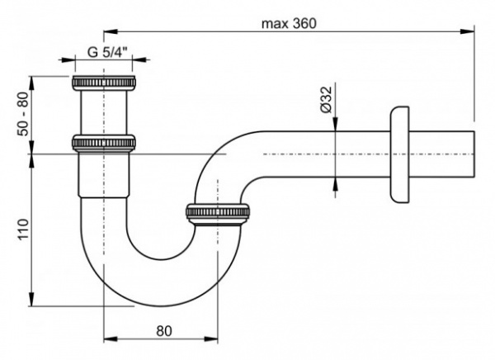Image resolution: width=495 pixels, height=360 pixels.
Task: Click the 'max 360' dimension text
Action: tap(289, 23)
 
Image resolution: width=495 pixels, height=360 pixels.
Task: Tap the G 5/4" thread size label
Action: tap(104, 51)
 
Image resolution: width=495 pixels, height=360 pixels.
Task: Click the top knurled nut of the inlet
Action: tap(104, 83)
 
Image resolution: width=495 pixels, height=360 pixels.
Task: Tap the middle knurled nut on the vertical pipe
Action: tap(104, 143)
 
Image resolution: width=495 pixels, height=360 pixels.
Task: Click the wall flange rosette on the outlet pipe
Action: tap(399, 154)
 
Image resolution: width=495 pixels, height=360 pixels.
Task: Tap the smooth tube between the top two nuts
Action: tap(104, 113)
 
